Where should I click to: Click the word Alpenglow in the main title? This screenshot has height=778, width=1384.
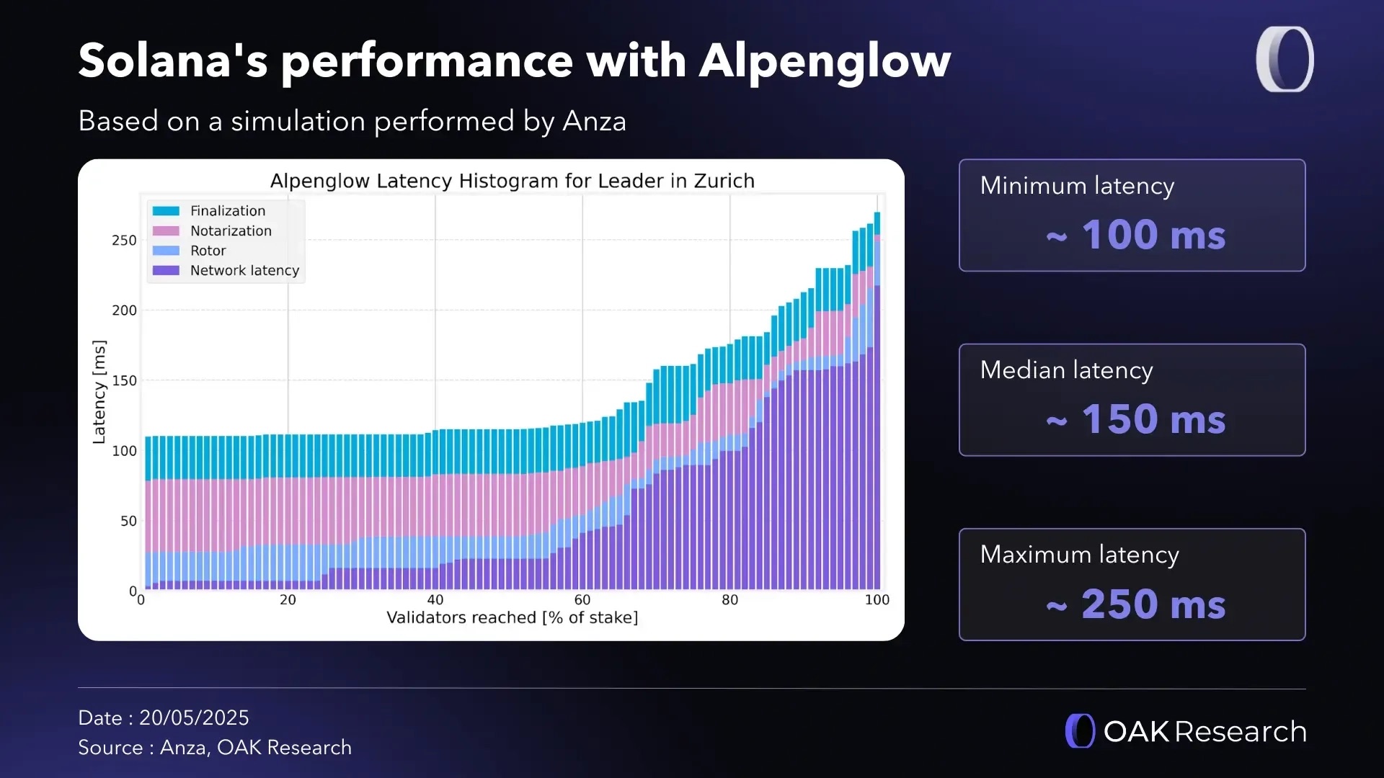(824, 61)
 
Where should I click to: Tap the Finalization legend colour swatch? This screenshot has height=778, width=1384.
(166, 211)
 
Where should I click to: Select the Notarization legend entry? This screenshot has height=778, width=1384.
(231, 231)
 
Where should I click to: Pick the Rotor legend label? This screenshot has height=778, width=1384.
(208, 251)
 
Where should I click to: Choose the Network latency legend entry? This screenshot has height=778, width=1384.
(244, 271)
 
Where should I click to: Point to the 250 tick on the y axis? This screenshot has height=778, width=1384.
(124, 241)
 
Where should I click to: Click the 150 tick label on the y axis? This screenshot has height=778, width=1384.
(124, 380)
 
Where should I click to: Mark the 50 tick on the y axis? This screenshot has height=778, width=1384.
(128, 521)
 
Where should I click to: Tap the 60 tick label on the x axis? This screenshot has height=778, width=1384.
(582, 600)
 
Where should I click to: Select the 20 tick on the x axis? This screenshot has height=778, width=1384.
(288, 600)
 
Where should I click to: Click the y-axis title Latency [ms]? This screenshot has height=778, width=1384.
(99, 392)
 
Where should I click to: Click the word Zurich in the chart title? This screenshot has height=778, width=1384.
(724, 181)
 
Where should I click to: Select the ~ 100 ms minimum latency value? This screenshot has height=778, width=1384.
(1135, 235)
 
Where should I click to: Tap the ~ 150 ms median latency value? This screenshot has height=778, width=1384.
(1135, 419)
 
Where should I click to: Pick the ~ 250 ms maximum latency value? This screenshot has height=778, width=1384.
(1135, 604)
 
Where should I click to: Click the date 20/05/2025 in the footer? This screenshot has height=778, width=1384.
(194, 718)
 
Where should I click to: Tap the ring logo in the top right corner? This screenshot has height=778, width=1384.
(1285, 59)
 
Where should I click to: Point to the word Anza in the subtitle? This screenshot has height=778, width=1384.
(594, 121)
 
